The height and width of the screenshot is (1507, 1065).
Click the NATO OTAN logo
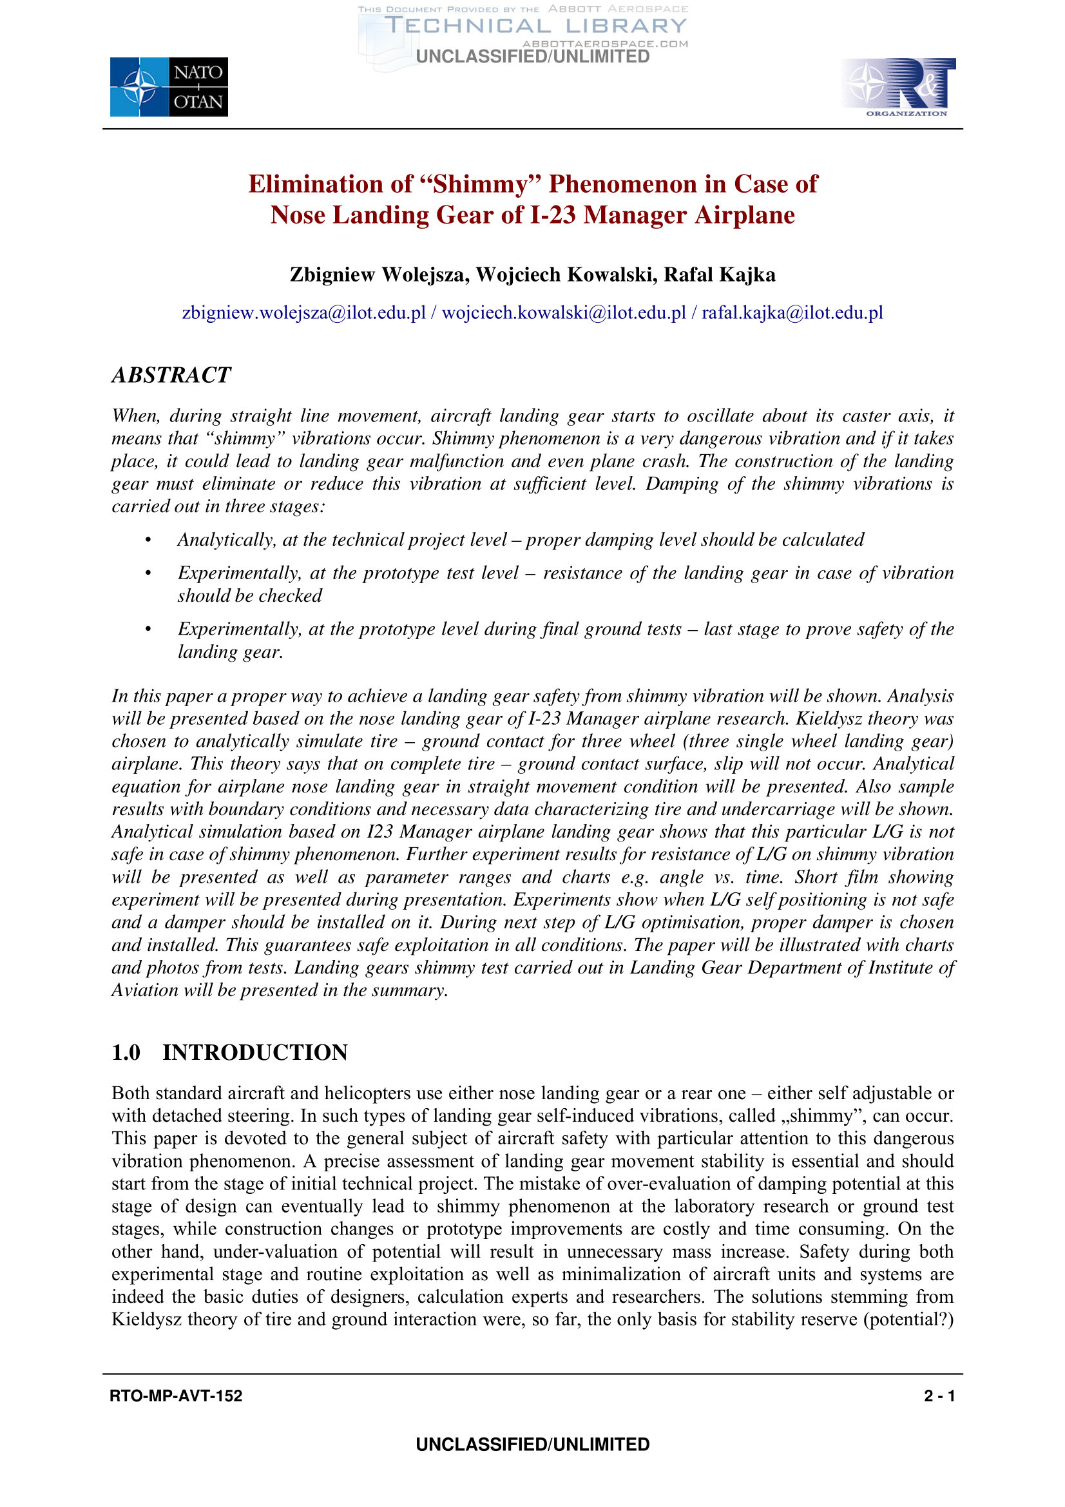(169, 86)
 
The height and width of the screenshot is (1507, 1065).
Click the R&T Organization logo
(897, 86)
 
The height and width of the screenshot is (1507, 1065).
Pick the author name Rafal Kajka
(719, 274)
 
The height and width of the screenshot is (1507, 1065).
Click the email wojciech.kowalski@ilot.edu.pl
(564, 312)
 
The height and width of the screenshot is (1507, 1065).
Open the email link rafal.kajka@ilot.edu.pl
(792, 312)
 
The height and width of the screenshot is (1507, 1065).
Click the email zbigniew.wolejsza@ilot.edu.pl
(304, 312)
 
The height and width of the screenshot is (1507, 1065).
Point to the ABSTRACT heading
(171, 375)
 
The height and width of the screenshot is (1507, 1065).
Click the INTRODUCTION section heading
(255, 1052)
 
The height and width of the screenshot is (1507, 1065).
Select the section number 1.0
(126, 1052)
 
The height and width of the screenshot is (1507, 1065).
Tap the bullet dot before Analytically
(149, 540)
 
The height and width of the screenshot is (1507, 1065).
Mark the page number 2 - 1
(939, 1396)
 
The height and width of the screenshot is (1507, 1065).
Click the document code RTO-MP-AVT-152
(176, 1396)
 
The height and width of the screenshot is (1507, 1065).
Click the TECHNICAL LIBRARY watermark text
(535, 26)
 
